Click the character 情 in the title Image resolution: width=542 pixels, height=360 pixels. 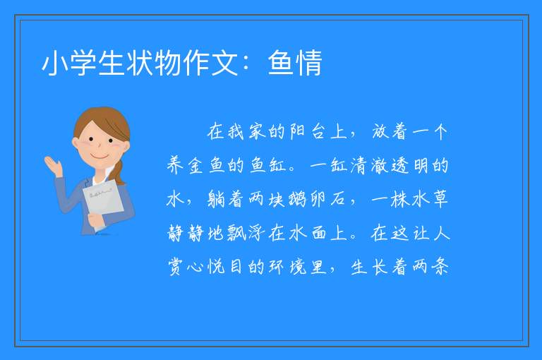308,63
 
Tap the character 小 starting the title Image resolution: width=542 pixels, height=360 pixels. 54,63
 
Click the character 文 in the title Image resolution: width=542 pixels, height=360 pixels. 224,63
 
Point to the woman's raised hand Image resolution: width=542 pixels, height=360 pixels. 53,165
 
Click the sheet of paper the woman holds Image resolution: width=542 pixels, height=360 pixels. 103,200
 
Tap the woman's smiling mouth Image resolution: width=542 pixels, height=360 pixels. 100,157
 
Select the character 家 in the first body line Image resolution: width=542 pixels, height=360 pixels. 256,132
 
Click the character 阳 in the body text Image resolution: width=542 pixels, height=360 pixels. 297,132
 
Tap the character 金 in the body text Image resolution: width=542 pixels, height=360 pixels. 195,166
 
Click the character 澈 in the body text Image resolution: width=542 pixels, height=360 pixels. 379,166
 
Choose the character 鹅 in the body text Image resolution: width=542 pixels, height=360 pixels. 297,200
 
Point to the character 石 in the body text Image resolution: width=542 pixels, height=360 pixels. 338,200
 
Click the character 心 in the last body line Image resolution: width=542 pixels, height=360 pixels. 195,268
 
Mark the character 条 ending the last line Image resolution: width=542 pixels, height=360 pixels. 440,268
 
